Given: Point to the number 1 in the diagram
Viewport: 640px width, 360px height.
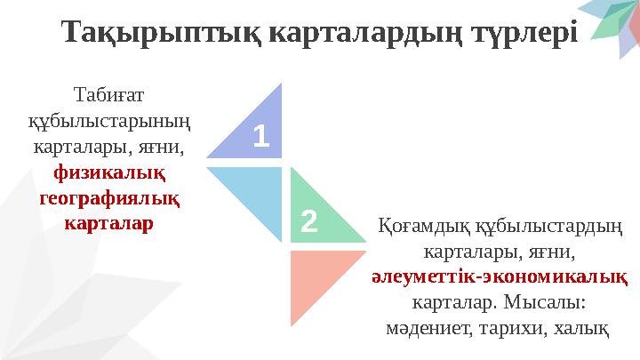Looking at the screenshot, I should point(260,136).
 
